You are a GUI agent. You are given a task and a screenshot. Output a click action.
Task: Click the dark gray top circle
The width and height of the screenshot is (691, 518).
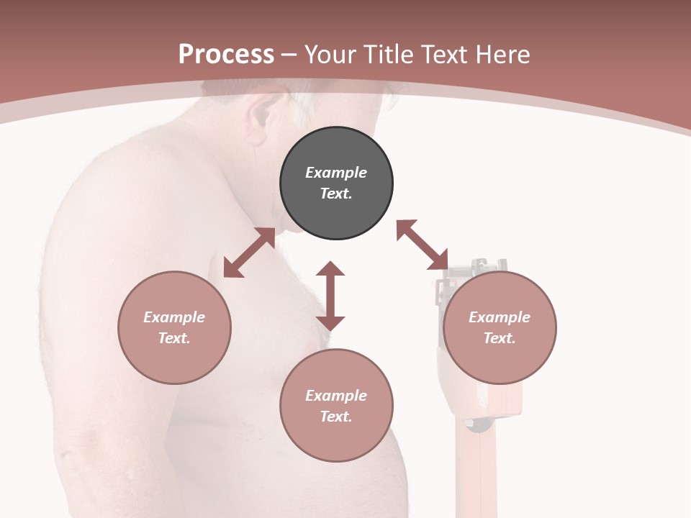[x=336, y=183]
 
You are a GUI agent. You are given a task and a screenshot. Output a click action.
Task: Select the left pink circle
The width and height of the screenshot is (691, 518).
[x=174, y=327]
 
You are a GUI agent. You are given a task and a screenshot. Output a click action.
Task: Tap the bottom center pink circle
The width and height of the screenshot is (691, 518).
[x=336, y=405]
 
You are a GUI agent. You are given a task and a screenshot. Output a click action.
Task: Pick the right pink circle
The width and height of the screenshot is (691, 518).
[x=500, y=327]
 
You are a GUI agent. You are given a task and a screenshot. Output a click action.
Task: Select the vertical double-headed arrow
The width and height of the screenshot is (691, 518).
[x=330, y=296]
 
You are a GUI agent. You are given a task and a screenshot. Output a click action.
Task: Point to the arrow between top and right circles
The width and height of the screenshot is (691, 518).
[x=423, y=245]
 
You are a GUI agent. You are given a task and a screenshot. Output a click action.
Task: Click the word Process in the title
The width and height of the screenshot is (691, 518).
[x=226, y=54]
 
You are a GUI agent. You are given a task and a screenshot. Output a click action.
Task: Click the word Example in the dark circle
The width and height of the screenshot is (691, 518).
[x=336, y=173]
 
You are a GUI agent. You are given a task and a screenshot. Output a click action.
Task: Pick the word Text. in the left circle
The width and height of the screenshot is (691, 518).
[x=174, y=338]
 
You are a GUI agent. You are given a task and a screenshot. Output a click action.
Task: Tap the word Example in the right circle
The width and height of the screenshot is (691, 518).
[x=500, y=317]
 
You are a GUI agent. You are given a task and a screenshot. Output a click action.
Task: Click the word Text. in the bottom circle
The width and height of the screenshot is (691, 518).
[x=336, y=417]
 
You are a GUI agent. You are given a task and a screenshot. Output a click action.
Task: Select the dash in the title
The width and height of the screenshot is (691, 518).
[x=289, y=55]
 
